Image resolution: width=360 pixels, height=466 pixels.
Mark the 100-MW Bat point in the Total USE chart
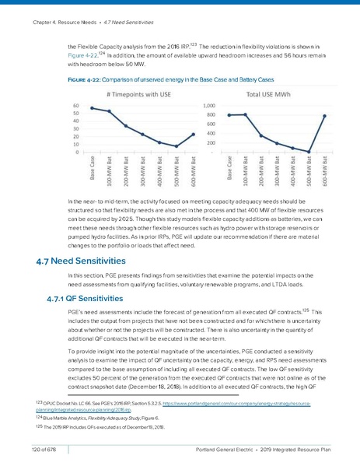(246, 114)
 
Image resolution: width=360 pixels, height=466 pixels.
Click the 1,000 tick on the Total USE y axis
(210, 105)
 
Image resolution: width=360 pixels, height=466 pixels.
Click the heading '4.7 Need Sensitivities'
(75, 261)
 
